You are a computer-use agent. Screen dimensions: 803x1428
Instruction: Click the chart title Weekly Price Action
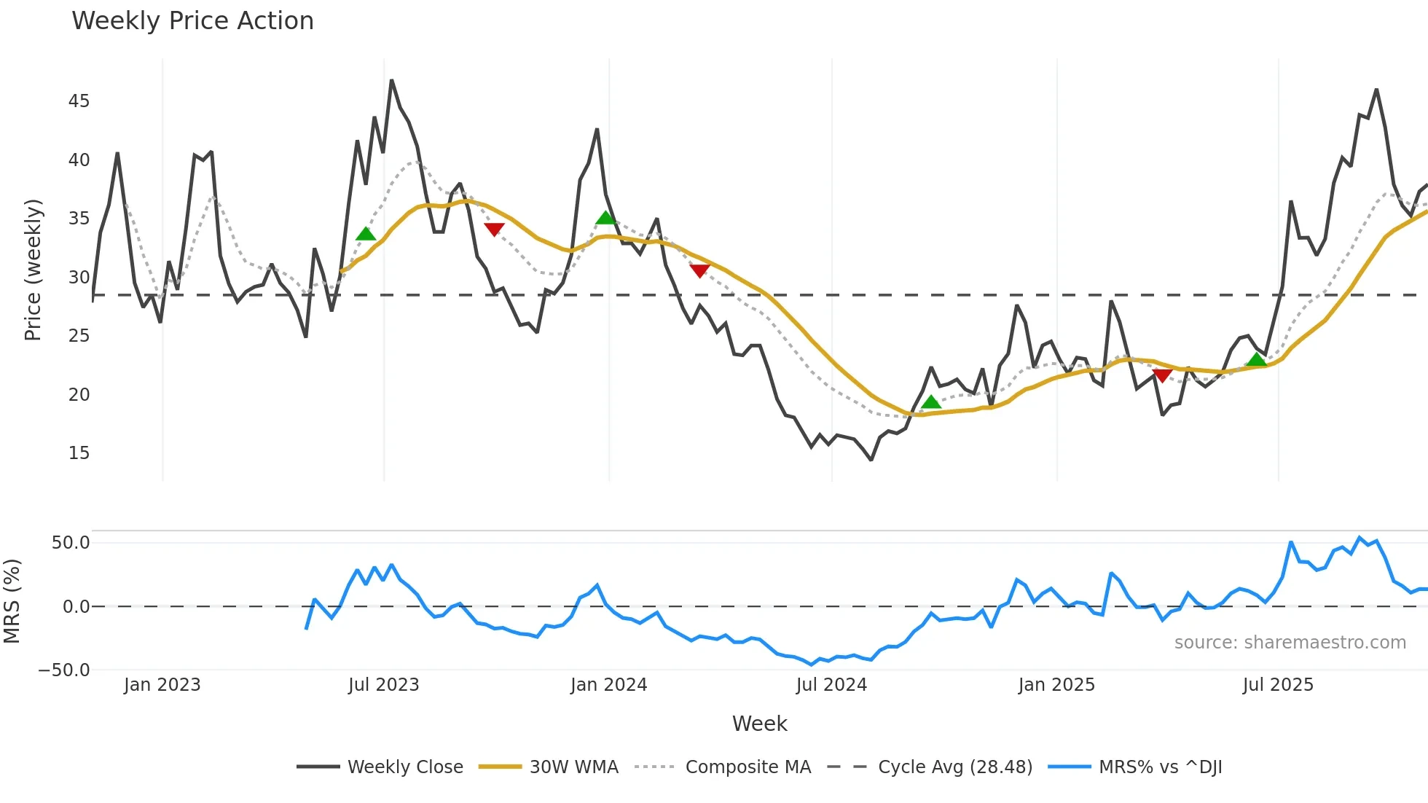pos(192,21)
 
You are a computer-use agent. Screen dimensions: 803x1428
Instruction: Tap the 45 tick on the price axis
pos(79,101)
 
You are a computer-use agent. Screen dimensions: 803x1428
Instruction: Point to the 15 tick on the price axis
pos(79,453)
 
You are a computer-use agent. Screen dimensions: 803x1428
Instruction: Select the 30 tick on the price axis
pos(79,278)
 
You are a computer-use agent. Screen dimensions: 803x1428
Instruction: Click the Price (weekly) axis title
pos(33,270)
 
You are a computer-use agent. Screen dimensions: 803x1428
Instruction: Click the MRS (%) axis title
pos(12,601)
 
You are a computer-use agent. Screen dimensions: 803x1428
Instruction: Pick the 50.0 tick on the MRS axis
pos(71,543)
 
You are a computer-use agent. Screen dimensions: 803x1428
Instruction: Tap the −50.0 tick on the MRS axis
pos(64,670)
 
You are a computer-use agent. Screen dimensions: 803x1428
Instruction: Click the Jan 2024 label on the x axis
pos(608,685)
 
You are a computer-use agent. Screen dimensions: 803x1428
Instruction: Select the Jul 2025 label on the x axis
pos(1278,685)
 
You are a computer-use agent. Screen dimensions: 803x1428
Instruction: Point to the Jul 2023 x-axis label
pos(383,685)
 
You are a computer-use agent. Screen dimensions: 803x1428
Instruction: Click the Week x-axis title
pos(759,724)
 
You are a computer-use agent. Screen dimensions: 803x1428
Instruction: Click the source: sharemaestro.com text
pos(1290,643)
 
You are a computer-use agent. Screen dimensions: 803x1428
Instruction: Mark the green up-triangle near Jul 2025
pos(1256,360)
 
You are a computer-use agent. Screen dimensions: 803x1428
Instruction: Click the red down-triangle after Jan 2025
pos(1162,375)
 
